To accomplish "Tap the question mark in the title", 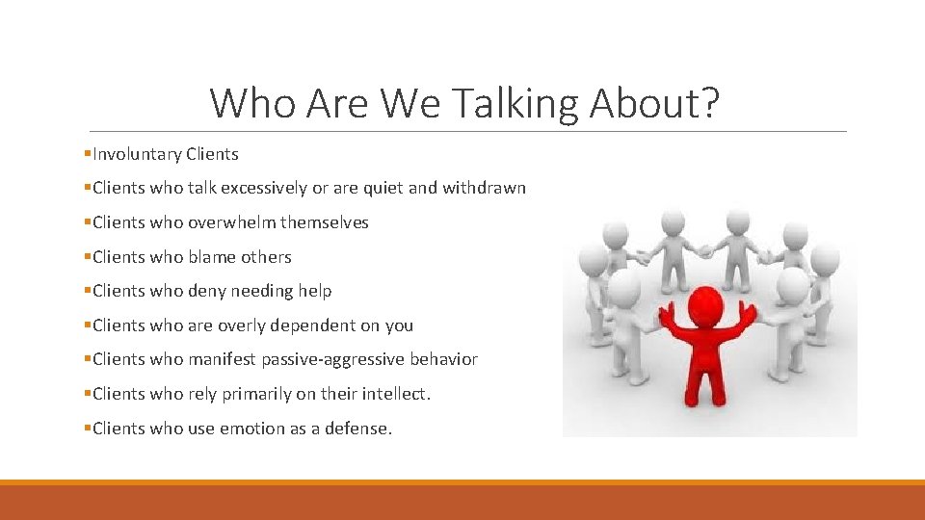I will pos(709,103).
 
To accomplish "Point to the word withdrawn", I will pos(484,188).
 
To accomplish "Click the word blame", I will pos(211,257).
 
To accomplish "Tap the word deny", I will pos(207,291).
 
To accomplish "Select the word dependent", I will pos(310,325).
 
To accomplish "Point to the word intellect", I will pos(396,394).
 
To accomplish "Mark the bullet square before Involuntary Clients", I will pos(88,154).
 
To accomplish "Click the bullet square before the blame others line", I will pos(88,257).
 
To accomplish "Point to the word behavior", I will pos(444,359).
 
